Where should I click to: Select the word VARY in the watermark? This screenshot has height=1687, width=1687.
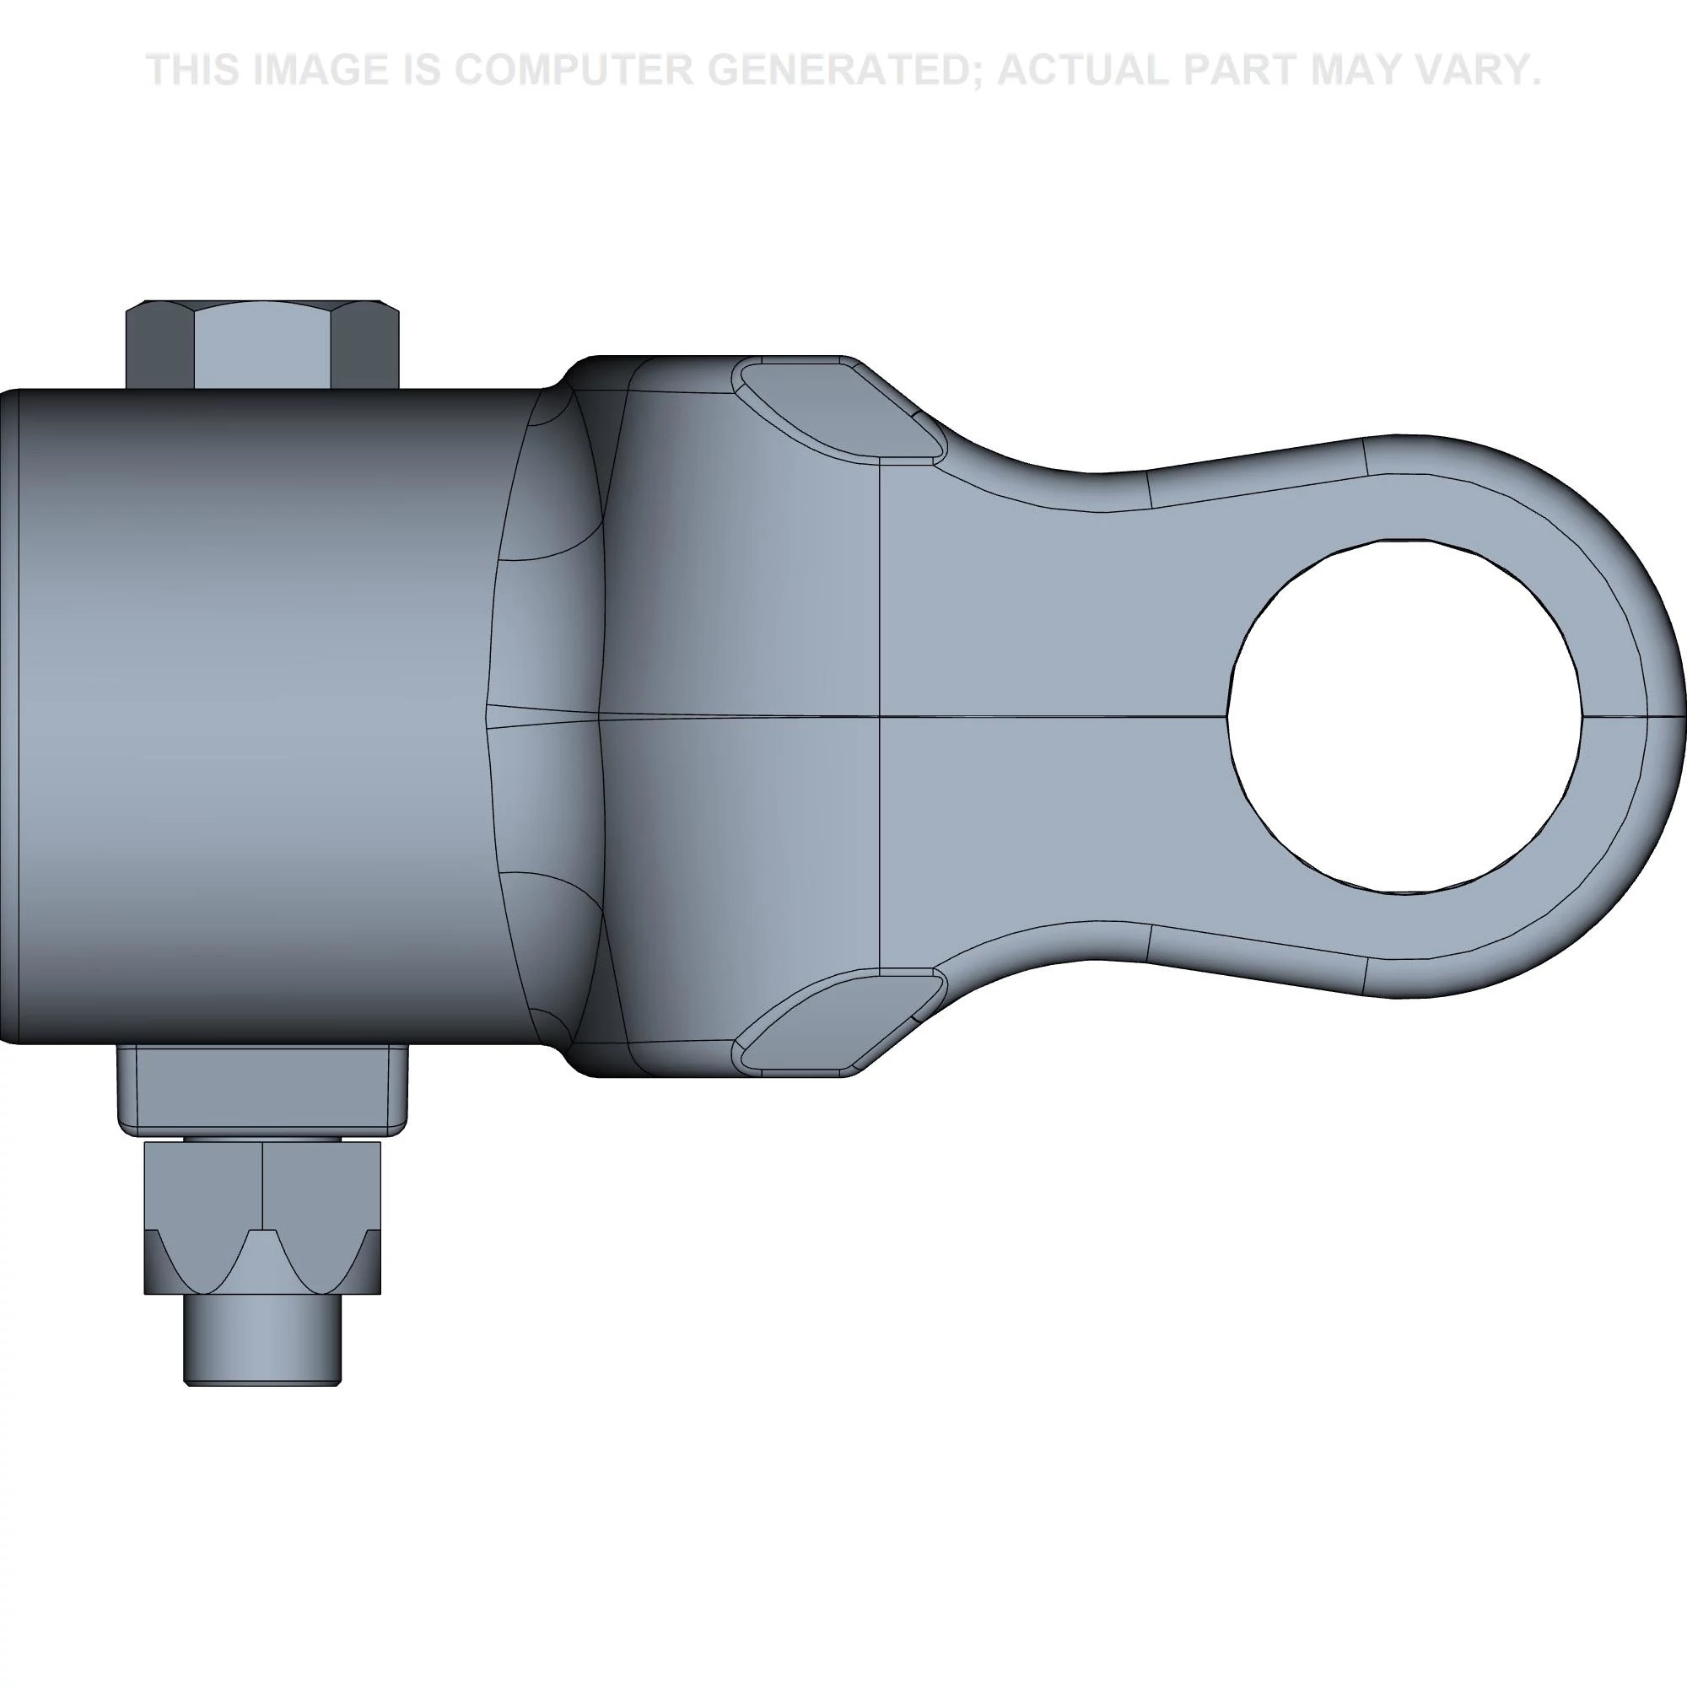point(1482,70)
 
